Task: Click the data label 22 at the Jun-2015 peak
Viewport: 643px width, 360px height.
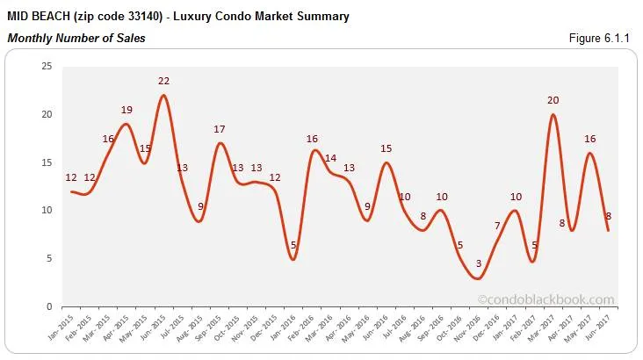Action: (x=163, y=81)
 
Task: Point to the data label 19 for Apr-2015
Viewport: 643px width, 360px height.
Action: (x=126, y=110)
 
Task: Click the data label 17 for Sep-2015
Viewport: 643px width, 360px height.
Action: (x=220, y=129)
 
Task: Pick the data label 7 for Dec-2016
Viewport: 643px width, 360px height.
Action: (x=497, y=226)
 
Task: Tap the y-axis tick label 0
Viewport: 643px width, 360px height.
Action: (x=49, y=306)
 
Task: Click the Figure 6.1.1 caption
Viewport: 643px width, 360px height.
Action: (x=603, y=38)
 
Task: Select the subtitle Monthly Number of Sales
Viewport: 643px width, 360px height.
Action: (x=76, y=38)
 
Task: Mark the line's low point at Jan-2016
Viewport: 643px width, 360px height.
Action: (x=293, y=259)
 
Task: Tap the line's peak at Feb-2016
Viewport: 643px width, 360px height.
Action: (x=314, y=151)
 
